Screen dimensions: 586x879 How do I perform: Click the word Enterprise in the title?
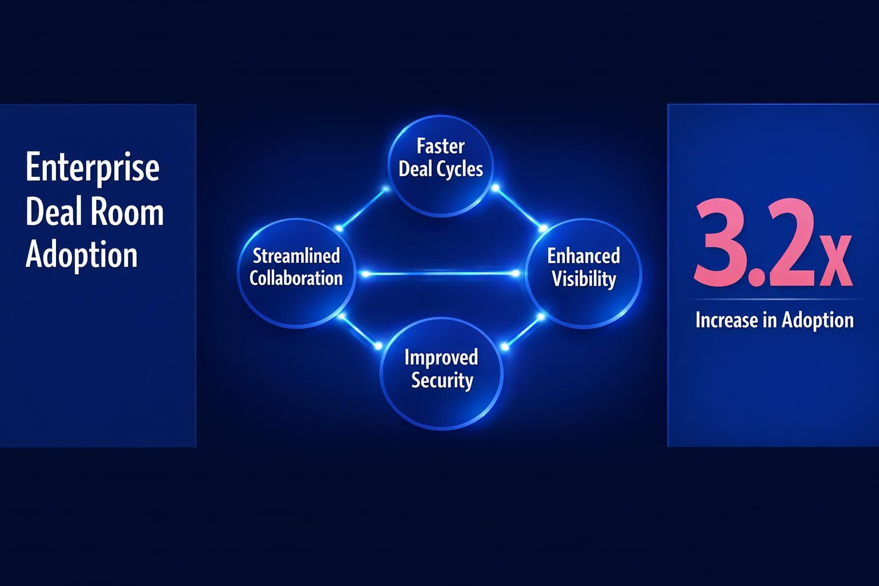tap(93, 168)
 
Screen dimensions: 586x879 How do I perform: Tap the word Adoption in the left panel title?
tap(82, 255)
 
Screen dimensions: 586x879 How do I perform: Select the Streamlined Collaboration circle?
tap(296, 274)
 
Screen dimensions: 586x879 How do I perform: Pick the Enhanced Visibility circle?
tap(583, 274)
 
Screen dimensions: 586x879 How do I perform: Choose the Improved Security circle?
tap(441, 375)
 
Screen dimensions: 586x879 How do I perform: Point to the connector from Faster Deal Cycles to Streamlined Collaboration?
tap(362, 208)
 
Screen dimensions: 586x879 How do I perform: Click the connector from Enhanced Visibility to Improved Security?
tap(522, 331)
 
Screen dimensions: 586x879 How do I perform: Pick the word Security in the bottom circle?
tap(442, 381)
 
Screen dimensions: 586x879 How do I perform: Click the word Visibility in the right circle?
tap(584, 279)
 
